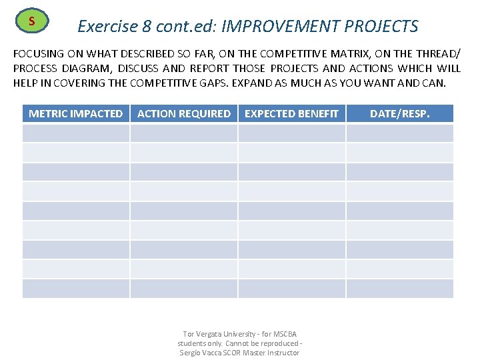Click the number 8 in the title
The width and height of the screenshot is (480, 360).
coord(147,26)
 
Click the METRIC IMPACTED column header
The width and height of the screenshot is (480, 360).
coord(75,113)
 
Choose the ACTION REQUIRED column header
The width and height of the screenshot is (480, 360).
coord(183,113)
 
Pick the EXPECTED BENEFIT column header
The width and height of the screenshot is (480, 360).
coord(291,113)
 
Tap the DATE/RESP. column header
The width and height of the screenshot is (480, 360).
coord(399,113)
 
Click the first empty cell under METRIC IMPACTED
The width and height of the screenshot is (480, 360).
coord(75,133)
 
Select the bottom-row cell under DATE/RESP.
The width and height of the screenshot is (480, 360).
coord(399,289)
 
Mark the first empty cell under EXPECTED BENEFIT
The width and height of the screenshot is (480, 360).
coord(291,133)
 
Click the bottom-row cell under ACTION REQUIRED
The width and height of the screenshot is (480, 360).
coord(183,289)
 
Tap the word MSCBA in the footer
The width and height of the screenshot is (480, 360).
coord(284,334)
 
